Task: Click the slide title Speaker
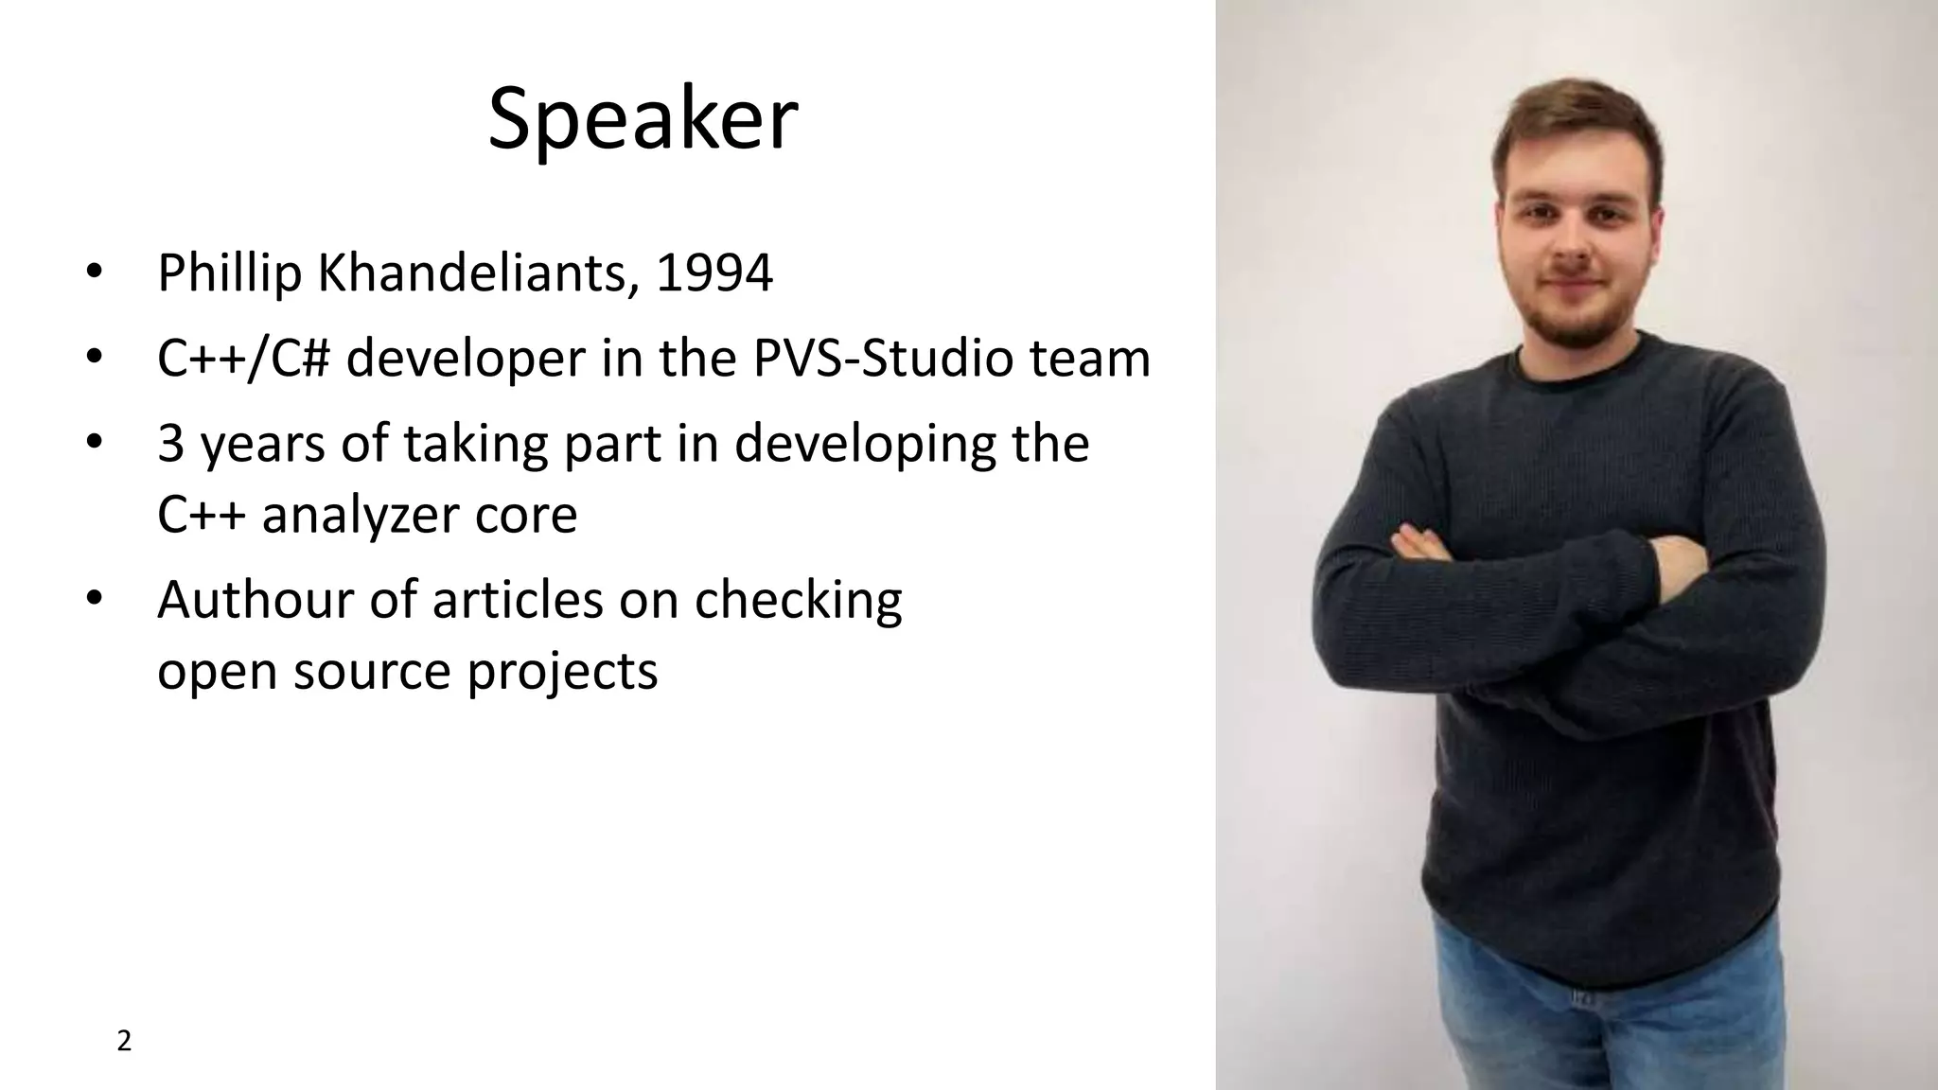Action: tap(643, 119)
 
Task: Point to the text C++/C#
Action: tap(243, 360)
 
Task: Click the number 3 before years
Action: tap(170, 444)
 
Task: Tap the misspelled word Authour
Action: tap(255, 600)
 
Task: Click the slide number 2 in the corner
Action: tap(124, 1042)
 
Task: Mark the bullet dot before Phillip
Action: tap(93, 272)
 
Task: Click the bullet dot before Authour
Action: tap(93, 599)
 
